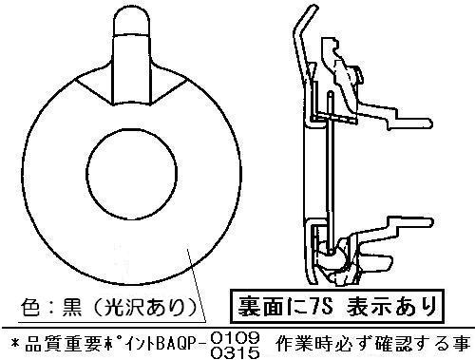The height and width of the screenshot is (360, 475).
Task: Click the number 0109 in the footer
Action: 235,338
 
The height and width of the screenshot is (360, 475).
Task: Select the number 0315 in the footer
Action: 235,352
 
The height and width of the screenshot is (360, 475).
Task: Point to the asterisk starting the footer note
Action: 15,345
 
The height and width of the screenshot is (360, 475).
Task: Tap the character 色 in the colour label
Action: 30,308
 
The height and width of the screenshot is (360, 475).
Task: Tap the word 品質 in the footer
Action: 40,345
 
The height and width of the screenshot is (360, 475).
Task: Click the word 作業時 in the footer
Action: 296,345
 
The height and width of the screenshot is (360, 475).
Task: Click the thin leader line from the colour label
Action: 197,285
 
